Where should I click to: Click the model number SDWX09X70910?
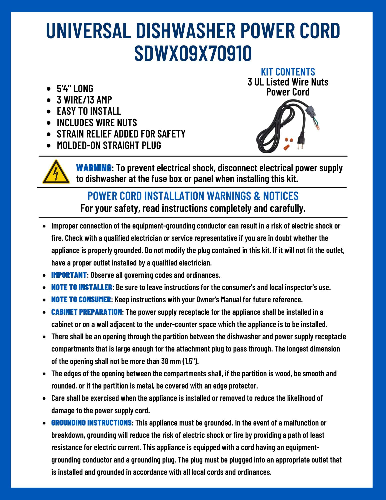193,53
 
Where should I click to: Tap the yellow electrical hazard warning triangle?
56,172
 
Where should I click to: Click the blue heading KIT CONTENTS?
288,72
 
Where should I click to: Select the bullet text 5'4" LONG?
75,88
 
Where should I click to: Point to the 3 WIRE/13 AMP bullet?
84,100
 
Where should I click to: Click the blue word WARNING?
94,167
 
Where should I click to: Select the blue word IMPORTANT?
69,275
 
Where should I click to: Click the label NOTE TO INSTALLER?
82,287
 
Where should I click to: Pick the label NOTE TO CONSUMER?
81,299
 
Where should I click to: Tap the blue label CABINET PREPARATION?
86,312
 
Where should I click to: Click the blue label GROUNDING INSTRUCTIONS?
91,423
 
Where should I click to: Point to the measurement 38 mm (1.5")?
179,361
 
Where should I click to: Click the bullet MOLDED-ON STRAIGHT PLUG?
109,145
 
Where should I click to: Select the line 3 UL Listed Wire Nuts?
288,82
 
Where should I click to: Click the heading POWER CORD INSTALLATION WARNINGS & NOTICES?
193,196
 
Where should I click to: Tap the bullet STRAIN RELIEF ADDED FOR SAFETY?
121,134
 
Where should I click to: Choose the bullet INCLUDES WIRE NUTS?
97,122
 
